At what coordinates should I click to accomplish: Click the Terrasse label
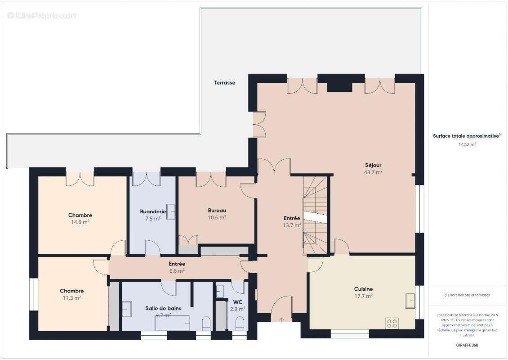(x=224, y=83)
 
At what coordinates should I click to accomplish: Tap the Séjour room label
(x=373, y=165)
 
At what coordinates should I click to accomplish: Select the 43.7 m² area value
(x=373, y=172)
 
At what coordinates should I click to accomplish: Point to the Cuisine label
(x=363, y=289)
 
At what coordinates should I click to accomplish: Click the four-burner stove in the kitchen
(x=392, y=323)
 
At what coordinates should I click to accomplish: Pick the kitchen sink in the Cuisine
(x=410, y=300)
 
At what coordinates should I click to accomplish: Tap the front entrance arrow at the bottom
(x=282, y=320)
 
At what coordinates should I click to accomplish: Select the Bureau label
(x=217, y=210)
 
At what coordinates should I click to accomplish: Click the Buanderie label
(x=153, y=211)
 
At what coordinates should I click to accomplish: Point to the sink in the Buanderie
(x=171, y=212)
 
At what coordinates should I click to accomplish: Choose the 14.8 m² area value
(x=80, y=222)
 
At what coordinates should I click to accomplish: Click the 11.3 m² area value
(x=71, y=298)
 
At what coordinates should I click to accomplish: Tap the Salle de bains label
(x=163, y=308)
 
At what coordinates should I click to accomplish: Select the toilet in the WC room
(x=240, y=323)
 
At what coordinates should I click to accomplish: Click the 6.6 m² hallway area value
(x=177, y=271)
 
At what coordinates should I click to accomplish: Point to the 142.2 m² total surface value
(x=467, y=145)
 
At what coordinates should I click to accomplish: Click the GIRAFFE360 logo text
(x=467, y=345)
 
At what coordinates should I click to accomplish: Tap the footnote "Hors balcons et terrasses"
(x=467, y=295)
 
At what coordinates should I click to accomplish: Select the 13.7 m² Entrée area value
(x=292, y=225)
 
